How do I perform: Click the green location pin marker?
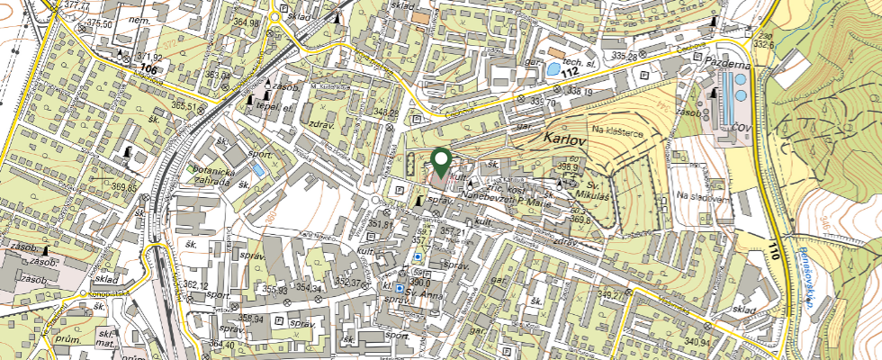(441, 162)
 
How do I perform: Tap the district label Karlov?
(565, 141)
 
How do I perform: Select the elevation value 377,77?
(76, 5)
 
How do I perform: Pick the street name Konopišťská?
(109, 293)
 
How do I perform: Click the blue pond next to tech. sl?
(552, 67)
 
